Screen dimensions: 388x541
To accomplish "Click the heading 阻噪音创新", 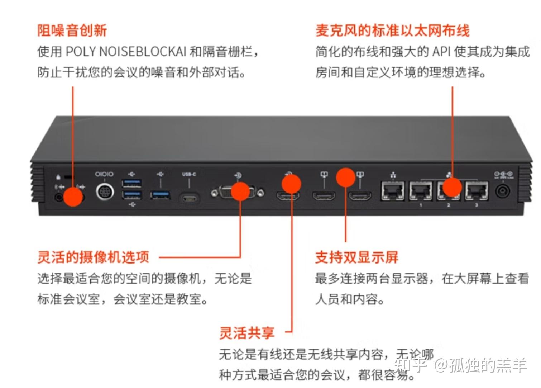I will coord(72,30).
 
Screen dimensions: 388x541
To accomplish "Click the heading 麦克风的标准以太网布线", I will coord(392,30).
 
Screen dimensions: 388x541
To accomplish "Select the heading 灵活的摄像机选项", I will coord(93,257).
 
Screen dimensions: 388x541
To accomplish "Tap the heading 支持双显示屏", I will coord(356,257).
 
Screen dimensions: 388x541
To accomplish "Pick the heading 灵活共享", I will coord(247,333).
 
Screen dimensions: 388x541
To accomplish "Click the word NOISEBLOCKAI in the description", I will coord(142,52).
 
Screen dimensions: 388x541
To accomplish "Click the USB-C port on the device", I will coord(189,198).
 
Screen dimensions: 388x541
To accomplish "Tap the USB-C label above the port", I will coord(189,174).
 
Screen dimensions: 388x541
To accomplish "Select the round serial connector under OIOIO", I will coord(105,191).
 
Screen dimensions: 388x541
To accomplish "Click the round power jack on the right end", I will coord(503,191).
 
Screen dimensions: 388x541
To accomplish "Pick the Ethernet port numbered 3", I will coord(476,191).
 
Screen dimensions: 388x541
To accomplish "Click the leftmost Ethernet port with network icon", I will coord(393,191).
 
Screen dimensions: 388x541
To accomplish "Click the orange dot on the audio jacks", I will coord(73,197).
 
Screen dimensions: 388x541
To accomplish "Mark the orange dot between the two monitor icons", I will coord(345,177).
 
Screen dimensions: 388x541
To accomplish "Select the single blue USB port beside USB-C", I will coord(160,195).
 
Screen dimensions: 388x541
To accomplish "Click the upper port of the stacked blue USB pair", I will coord(131,183).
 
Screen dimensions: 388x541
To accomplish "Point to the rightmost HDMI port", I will coord(360,196).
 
